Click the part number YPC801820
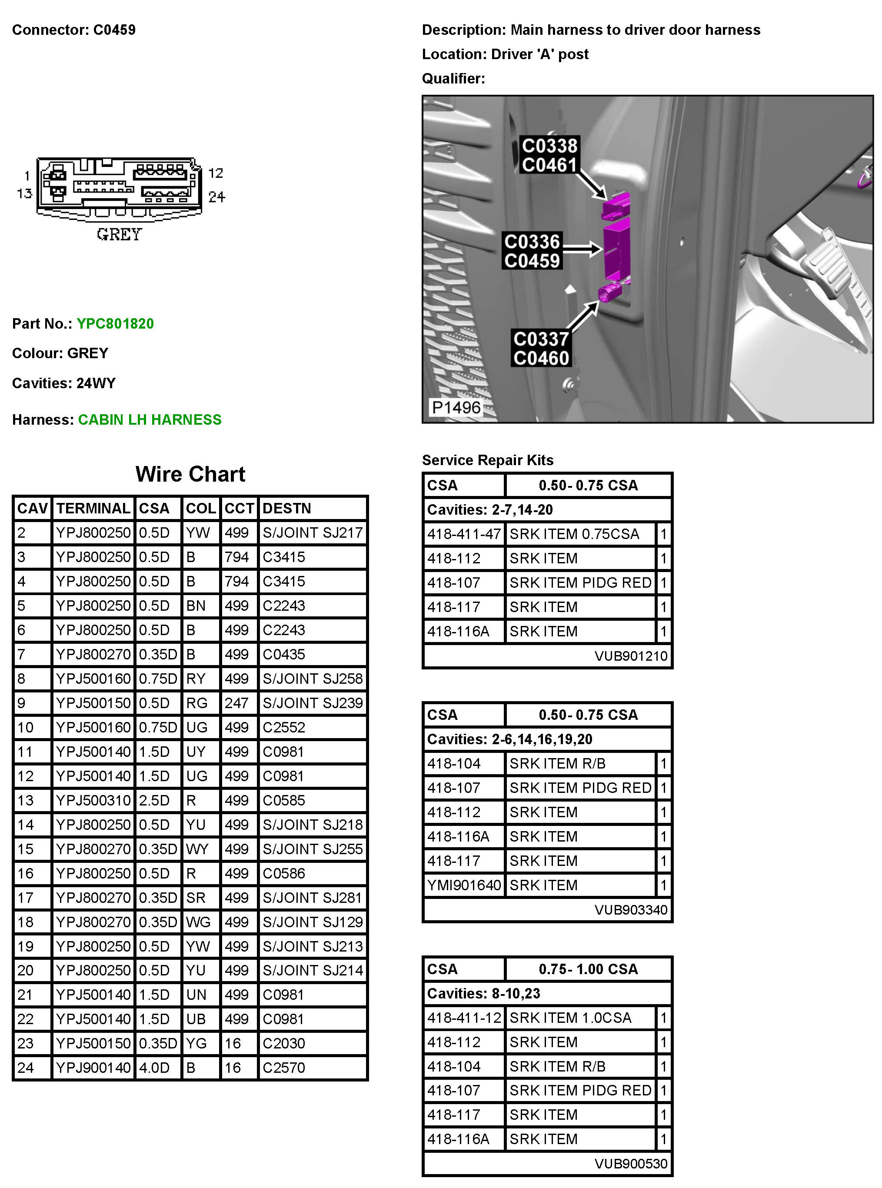point(115,323)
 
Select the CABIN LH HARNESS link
point(150,419)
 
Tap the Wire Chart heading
point(190,474)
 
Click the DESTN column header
point(287,508)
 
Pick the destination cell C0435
point(283,654)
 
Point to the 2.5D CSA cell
point(154,800)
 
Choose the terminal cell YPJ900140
point(93,1068)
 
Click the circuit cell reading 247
point(236,703)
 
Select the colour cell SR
point(196,898)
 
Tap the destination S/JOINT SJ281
point(313,898)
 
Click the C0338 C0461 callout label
point(549,155)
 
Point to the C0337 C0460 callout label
point(541,349)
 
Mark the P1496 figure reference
point(456,407)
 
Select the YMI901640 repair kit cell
point(464,885)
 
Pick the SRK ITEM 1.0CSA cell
point(570,1018)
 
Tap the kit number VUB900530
point(631,1164)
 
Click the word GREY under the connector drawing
point(119,234)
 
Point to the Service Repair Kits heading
point(487,460)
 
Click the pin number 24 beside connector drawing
point(216,197)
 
